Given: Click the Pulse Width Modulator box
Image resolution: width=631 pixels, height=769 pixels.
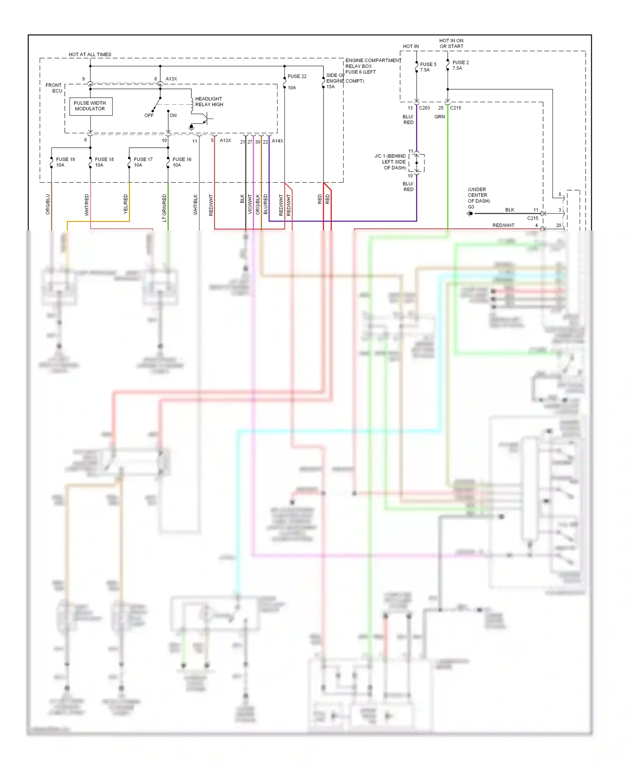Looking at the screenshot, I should coord(90,106).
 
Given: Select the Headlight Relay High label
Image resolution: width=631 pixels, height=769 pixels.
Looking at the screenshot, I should coord(209,102).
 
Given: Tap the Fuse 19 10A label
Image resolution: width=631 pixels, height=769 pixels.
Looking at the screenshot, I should coord(65,162).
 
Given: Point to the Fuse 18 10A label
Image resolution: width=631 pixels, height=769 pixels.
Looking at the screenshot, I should coord(104,162).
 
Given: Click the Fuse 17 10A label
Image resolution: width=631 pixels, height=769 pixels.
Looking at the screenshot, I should coord(143,162).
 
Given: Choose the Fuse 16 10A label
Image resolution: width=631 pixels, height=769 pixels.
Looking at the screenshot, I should coord(182,162).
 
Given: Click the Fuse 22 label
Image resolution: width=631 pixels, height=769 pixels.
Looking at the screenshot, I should coord(297,77).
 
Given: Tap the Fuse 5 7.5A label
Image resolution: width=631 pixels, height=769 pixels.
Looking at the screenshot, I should coord(428,67).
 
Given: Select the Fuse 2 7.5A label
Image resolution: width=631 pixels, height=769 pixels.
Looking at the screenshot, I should coord(460,65).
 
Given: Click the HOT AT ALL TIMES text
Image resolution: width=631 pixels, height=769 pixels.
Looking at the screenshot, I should coord(90,55).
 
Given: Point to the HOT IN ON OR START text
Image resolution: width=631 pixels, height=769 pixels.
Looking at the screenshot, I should coord(451,43).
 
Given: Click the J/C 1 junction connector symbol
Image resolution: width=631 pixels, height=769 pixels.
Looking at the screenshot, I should coord(417,163).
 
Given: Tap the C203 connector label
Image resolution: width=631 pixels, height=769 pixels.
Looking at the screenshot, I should coord(424,108).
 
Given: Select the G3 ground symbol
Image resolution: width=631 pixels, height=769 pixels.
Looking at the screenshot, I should coord(470,214).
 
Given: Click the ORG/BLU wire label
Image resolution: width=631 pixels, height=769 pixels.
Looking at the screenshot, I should coord(48,204).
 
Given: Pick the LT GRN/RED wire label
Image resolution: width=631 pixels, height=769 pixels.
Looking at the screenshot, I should coord(164,207).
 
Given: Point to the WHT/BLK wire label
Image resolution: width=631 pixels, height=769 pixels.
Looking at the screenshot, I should coord(196,204).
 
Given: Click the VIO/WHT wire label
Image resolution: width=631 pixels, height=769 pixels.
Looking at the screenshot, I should coord(250,204).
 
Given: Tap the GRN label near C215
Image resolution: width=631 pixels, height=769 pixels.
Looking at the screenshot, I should coord(440,117).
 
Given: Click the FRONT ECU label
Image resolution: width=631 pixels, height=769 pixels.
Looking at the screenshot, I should coord(54,88).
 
